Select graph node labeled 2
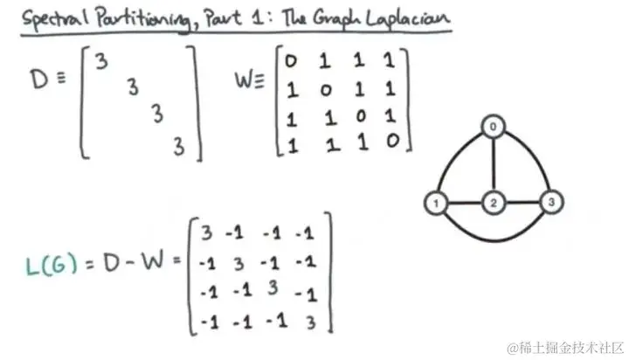pos(493,204)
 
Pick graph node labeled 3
pos(550,204)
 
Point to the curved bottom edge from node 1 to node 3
pos(493,237)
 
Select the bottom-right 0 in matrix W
pos(394,140)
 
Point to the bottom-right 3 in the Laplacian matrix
pos(308,322)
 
